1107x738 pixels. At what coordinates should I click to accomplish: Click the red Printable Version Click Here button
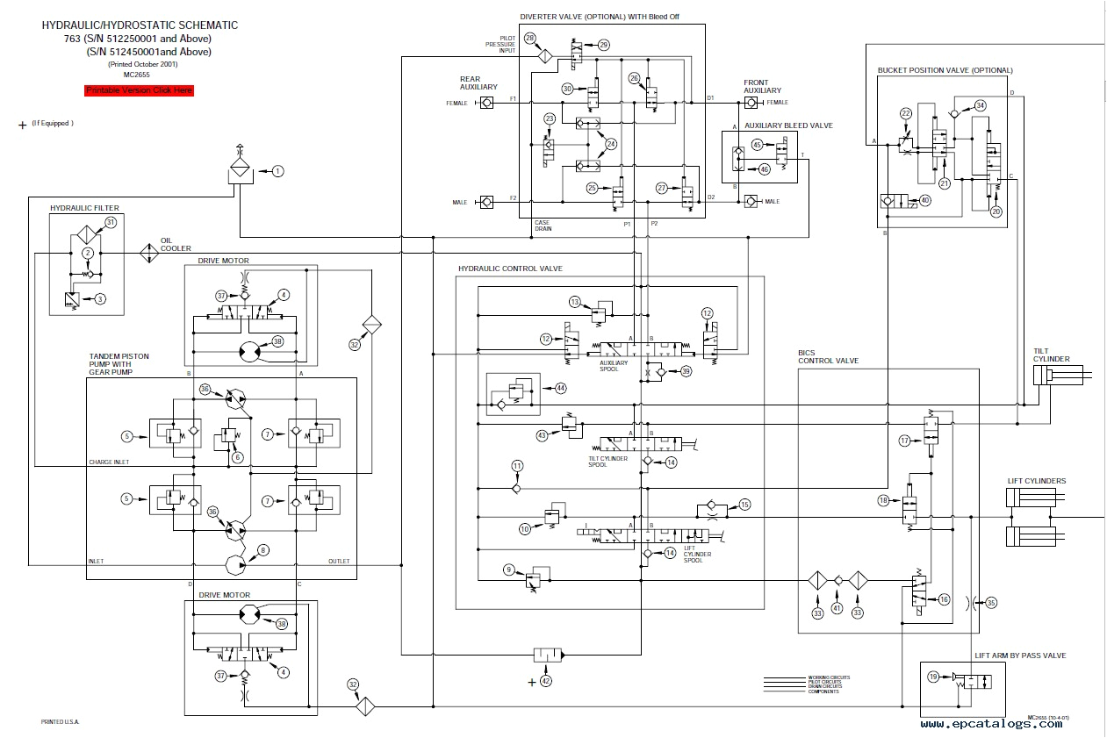139,90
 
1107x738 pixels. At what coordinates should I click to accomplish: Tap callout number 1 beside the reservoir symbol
277,171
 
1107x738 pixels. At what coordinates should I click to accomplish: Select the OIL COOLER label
175,244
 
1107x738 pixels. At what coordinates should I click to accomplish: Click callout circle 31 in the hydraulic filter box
111,223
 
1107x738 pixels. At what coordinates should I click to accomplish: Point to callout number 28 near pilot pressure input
529,38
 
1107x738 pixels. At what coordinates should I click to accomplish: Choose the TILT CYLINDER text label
1051,355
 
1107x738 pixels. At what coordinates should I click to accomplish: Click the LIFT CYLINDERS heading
1037,481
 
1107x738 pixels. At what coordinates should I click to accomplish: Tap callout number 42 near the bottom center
545,681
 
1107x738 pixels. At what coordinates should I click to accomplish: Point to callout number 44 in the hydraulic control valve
559,387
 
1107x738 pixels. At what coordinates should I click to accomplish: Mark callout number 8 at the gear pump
262,550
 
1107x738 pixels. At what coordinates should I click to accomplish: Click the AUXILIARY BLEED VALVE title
788,125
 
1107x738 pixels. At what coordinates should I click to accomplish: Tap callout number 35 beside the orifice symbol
991,602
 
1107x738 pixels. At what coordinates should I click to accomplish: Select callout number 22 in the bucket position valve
906,113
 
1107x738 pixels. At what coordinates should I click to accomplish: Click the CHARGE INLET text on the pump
109,462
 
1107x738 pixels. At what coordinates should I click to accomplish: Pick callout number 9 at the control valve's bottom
508,570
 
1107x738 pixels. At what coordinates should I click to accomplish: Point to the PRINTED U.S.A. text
60,721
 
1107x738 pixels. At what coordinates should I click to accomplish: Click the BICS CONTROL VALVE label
828,356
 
